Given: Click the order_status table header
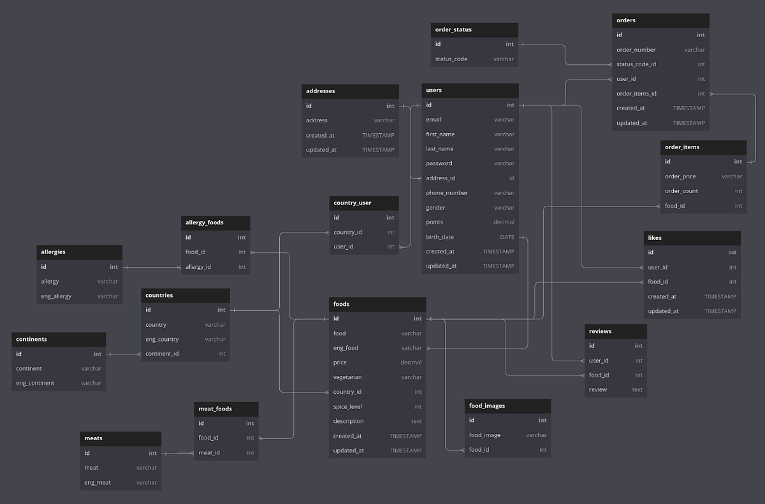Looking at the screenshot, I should coord(453,29).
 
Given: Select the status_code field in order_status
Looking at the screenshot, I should coord(451,59).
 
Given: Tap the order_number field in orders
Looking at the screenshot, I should coord(636,50).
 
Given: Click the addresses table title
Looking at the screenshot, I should coord(321,91).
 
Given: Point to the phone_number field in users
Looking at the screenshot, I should coord(446,193).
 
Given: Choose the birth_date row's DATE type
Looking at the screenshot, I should coord(507,237).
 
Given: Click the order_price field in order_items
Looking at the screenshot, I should coord(680,176).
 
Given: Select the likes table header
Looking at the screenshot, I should coord(655,238).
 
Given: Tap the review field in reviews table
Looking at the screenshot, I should coord(598,390).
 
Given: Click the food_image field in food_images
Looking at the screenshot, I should coord(484,435).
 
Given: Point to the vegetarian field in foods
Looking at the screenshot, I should coord(347,377).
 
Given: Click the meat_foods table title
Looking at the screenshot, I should coord(215,408).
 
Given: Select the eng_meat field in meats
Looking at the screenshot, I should coord(98,482).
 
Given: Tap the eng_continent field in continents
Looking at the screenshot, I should coord(35,383).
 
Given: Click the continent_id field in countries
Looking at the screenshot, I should coord(162,354).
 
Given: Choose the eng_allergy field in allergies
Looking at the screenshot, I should coord(56,296).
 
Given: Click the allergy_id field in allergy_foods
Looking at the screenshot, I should coord(198,267).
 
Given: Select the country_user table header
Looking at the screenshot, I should coord(352,203).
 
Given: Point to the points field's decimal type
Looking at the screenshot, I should coord(504,222).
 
